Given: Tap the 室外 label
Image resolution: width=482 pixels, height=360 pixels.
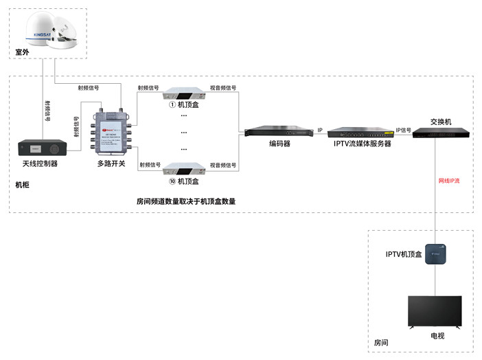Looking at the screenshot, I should [23, 52].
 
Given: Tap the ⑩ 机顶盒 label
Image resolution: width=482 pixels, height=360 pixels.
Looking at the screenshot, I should [183, 182].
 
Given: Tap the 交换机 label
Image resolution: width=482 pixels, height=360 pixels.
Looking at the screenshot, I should [441, 122].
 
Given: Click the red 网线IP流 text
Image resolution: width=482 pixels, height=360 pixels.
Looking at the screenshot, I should [449, 181].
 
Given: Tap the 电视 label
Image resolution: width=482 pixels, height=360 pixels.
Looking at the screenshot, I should [437, 336].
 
